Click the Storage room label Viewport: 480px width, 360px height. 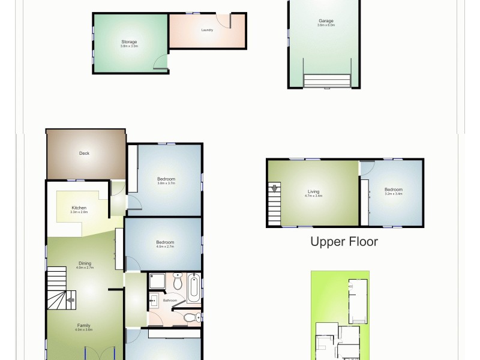tap(129, 42)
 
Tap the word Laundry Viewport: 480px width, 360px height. tap(208, 29)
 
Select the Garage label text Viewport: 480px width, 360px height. tap(326, 21)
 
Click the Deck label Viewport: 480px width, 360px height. tap(85, 153)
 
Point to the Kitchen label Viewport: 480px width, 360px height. tap(79, 208)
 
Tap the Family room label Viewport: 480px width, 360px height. tap(83, 325)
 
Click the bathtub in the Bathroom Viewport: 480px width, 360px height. tap(194, 288)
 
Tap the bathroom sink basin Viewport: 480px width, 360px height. tap(154, 302)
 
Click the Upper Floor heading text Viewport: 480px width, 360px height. tap(344, 242)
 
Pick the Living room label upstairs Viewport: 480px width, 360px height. tap(314, 191)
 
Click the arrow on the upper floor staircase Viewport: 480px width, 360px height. tap(275, 188)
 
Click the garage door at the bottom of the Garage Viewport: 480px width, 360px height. tap(327, 80)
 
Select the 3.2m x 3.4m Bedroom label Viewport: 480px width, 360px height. tap(393, 190)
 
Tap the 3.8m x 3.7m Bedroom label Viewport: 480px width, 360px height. tap(166, 179)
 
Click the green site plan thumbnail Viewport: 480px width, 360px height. tap(340, 315)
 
